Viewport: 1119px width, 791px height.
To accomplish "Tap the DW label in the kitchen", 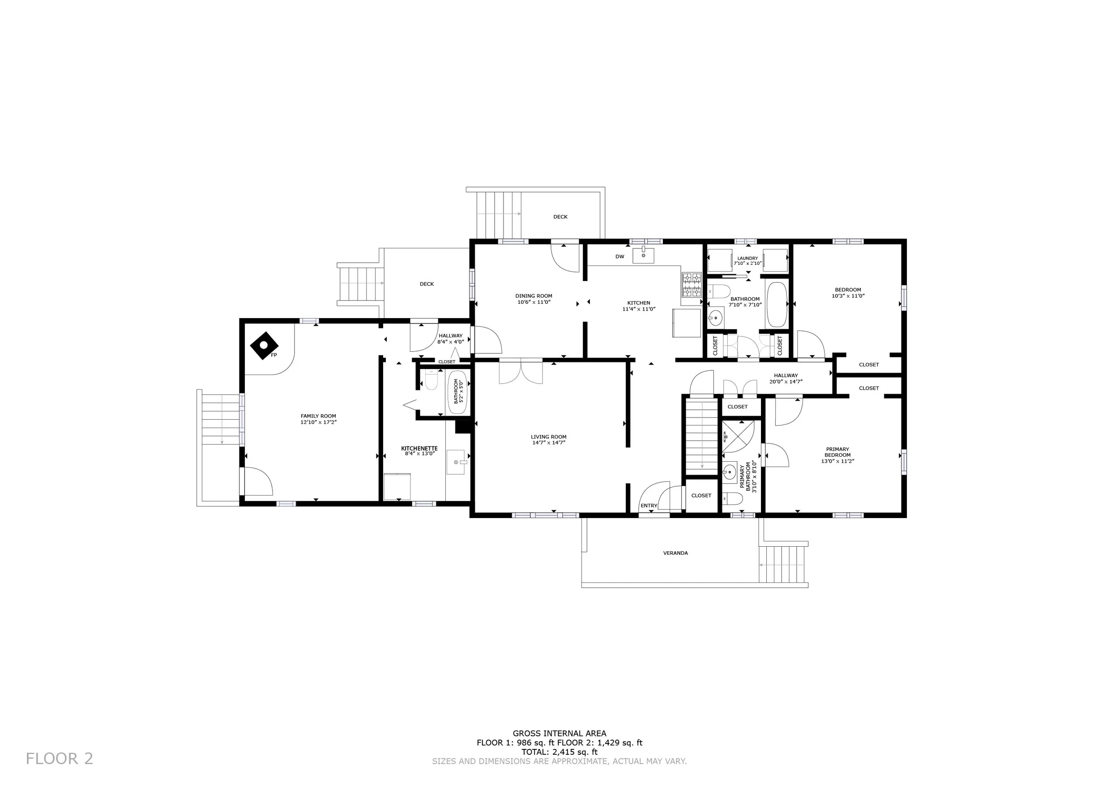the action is click(619, 257).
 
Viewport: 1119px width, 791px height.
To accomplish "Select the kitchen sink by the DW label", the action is click(643, 255).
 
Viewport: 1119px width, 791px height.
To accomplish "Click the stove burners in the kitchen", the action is click(691, 285).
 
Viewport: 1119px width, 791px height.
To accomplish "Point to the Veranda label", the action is click(675, 553).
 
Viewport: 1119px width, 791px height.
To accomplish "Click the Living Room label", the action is click(548, 437).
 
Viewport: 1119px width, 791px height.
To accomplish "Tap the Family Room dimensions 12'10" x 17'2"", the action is click(319, 422).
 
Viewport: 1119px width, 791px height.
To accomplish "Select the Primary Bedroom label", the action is click(838, 452).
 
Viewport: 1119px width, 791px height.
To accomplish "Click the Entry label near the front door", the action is click(649, 506).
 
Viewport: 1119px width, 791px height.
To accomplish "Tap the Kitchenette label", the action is click(419, 448).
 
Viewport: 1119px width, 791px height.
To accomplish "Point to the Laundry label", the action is click(747, 258).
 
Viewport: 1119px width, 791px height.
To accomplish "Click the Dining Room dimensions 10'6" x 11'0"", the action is click(534, 302).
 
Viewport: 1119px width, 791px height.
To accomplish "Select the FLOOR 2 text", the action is click(60, 758).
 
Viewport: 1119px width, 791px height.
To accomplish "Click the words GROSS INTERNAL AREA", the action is click(559, 733).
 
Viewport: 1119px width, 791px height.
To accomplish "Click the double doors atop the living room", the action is click(521, 372).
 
